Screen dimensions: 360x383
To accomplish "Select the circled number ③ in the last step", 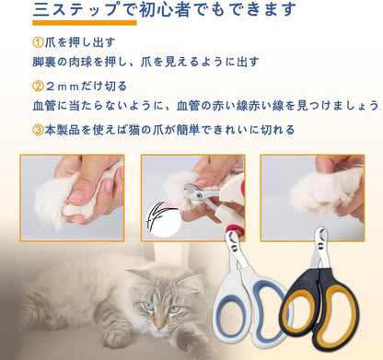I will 38,131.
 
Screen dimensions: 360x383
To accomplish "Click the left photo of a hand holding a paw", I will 72,192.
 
